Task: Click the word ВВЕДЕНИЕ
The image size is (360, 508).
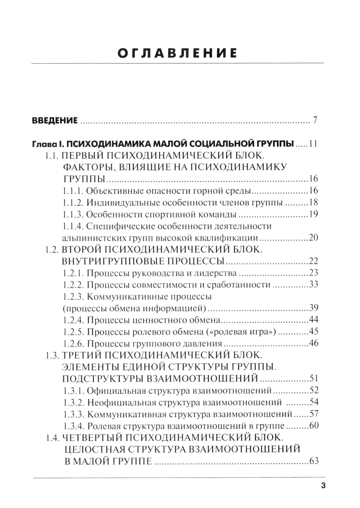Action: [x=55, y=120]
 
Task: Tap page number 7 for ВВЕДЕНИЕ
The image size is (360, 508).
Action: [x=315, y=120]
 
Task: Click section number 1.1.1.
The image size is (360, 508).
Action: [x=73, y=191]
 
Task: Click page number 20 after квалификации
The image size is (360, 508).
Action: [x=313, y=238]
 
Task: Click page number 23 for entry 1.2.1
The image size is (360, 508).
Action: [x=313, y=273]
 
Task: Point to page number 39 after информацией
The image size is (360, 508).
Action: [x=313, y=308]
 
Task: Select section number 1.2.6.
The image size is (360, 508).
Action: [x=73, y=343]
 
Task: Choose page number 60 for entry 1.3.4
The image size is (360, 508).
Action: [x=313, y=425]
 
